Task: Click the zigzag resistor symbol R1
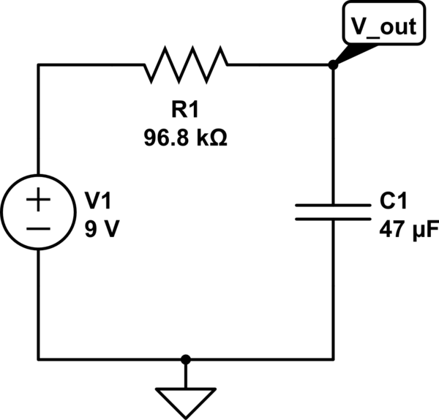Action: click(x=187, y=65)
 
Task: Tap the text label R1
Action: click(x=186, y=110)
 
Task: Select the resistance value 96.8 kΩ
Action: click(x=186, y=137)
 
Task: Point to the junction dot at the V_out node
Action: click(x=333, y=65)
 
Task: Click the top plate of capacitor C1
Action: click(x=333, y=206)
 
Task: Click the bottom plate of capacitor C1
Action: click(x=333, y=218)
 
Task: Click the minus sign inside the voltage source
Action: click(x=40, y=228)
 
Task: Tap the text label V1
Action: click(x=100, y=200)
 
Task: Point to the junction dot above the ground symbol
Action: click(x=186, y=359)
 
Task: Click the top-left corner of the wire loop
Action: click(x=40, y=65)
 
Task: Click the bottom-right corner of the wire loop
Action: click(x=333, y=359)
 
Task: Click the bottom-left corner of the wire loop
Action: click(x=40, y=359)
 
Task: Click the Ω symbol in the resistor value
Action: click(x=217, y=137)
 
